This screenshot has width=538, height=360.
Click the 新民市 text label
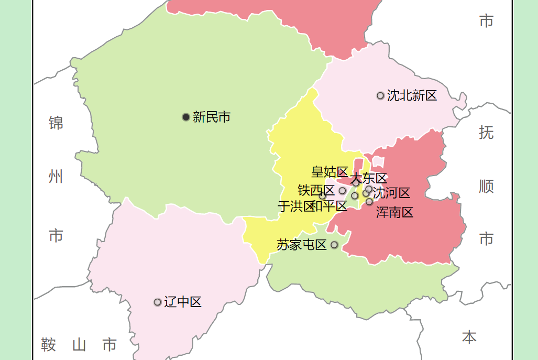212,117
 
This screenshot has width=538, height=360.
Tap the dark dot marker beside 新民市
186,117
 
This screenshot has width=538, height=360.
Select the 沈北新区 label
412,95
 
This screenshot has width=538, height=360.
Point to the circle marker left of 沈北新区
380,95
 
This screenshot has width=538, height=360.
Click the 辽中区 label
183,302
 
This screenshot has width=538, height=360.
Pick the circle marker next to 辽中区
157,302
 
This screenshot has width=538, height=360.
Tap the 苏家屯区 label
302,245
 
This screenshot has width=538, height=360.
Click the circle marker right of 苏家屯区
334,245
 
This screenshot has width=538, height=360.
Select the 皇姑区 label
330,172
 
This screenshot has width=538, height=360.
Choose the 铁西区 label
316,190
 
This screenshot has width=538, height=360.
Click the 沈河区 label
391,193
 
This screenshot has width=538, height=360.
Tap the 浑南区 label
395,212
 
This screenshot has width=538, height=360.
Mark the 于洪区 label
295,206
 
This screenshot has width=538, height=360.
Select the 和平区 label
330,206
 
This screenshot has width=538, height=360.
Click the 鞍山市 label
79,345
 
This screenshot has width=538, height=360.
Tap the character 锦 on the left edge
56,123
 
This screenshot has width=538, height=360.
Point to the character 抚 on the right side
486,133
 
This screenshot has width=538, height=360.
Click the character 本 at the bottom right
469,337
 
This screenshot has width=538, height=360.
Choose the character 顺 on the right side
486,186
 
